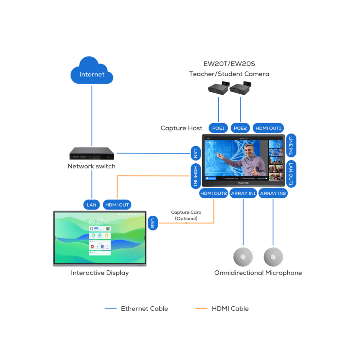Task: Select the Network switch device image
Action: point(92,153)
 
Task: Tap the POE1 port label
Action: point(218,128)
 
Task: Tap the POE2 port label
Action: point(240,128)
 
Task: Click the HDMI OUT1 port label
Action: point(268,128)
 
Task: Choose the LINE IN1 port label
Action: point(291,146)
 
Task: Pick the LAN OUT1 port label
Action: point(291,174)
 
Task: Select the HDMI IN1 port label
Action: point(195,176)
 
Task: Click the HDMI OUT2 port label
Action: point(213,193)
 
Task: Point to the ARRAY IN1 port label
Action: point(243,193)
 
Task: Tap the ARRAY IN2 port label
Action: point(273,193)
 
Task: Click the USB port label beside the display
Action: point(153,223)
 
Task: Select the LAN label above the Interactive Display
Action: point(92,205)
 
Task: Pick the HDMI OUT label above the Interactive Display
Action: point(117,205)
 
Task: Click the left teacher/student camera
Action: point(218,89)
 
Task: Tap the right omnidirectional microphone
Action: point(273,257)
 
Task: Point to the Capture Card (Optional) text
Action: point(186,215)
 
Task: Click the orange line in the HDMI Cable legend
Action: point(201,308)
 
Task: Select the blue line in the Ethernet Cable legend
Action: point(111,308)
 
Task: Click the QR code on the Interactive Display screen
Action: point(108,229)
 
